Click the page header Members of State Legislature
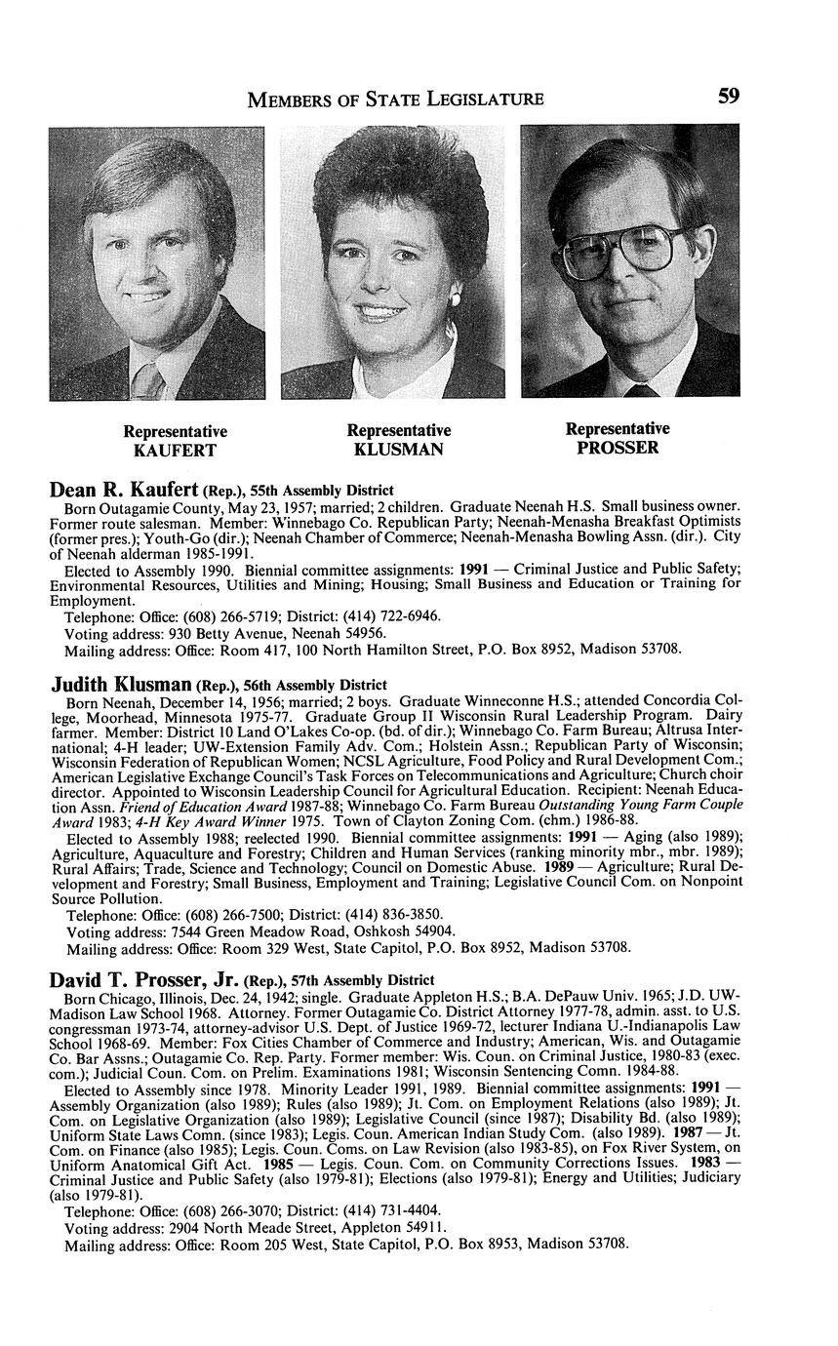pyautogui.click(x=395, y=98)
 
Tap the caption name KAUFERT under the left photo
pyautogui.click(x=175, y=451)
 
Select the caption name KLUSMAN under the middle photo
pyautogui.click(x=398, y=450)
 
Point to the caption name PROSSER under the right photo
pyautogui.click(x=618, y=448)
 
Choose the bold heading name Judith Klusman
pyautogui.click(x=121, y=685)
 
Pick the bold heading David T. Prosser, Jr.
pyautogui.click(x=145, y=977)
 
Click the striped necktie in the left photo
pyautogui.click(x=149, y=379)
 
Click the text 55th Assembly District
pyautogui.click(x=334, y=493)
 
